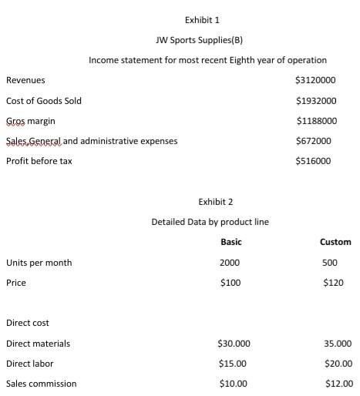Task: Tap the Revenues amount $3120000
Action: tap(315, 80)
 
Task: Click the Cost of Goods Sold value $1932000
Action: tap(316, 101)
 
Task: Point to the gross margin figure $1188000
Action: tap(316, 121)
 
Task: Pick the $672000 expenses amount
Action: tap(313, 141)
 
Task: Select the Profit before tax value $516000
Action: tap(313, 161)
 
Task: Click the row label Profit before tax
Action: tap(39, 161)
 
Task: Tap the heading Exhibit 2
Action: tap(216, 202)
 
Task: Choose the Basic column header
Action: tap(231, 242)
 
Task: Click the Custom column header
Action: tap(335, 242)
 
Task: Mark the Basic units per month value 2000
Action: tap(230, 263)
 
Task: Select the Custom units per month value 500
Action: tap(330, 263)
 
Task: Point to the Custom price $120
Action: tap(334, 283)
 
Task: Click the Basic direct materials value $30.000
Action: tap(234, 343)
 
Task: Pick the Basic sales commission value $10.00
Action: tap(232, 383)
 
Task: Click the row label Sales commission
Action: tap(42, 383)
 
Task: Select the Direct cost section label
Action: tap(28, 323)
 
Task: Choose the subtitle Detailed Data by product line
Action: tap(210, 222)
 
